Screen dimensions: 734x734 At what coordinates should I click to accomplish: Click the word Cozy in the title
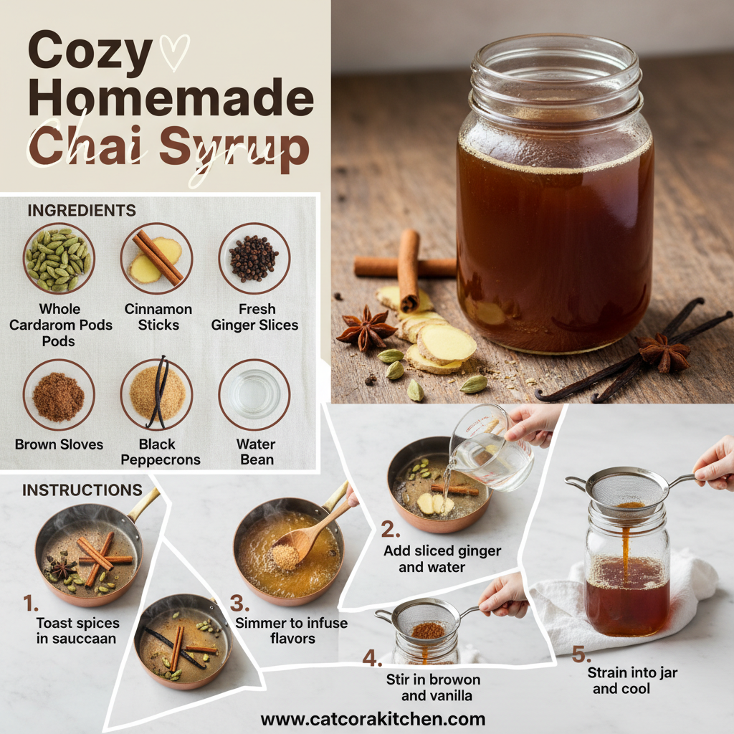tap(90, 51)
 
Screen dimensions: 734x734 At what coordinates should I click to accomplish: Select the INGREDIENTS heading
tap(81, 210)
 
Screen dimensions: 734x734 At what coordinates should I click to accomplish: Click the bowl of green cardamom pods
tap(58, 258)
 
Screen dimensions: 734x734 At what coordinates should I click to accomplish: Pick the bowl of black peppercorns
tap(254, 258)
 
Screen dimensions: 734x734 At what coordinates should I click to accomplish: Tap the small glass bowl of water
tap(254, 394)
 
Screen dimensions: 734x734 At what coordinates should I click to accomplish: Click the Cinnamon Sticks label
tap(158, 317)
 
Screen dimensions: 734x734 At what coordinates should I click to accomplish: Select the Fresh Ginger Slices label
tap(254, 317)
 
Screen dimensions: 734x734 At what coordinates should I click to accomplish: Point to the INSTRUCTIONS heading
tap(82, 490)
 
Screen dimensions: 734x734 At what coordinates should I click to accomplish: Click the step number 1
tap(29, 604)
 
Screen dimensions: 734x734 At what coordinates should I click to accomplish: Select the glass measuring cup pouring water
tap(492, 447)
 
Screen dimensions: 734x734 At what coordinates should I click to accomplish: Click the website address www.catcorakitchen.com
tap(373, 719)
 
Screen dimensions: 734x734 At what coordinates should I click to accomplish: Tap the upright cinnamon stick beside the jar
tap(409, 269)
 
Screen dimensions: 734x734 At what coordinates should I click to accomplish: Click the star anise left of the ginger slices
tap(366, 328)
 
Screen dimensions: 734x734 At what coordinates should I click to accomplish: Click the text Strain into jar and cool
tap(631, 680)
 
